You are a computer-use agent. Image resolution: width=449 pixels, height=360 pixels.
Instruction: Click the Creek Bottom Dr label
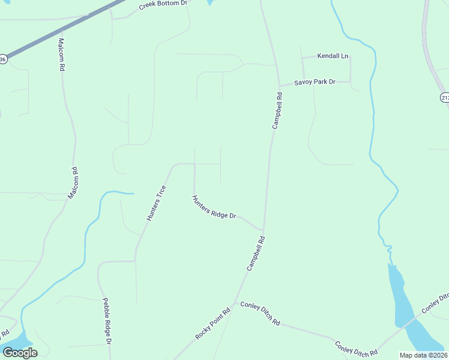click(x=163, y=5)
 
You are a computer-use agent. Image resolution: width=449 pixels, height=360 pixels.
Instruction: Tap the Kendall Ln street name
click(x=333, y=56)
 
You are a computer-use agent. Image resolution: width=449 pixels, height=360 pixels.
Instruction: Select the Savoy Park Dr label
click(x=314, y=82)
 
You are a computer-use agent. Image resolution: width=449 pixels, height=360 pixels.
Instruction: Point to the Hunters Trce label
click(x=157, y=203)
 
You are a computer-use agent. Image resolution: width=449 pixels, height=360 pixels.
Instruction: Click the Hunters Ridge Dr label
click(x=214, y=207)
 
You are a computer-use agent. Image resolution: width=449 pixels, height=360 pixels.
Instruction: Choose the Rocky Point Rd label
click(x=213, y=325)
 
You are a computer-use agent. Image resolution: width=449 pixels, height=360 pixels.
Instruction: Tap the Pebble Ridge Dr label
click(x=107, y=322)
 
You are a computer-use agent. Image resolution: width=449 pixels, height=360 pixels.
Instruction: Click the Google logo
click(x=20, y=353)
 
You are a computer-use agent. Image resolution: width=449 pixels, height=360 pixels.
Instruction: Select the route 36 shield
click(x=3, y=59)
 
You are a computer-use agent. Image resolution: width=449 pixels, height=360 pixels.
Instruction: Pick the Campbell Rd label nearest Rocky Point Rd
click(x=255, y=253)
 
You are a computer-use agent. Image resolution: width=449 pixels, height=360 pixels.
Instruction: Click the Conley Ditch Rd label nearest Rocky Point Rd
click(x=260, y=313)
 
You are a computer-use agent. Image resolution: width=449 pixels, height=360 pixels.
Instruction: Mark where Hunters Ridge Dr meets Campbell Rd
click(x=263, y=230)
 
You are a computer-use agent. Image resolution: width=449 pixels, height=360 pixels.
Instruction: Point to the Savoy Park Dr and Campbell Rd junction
click(x=279, y=85)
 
